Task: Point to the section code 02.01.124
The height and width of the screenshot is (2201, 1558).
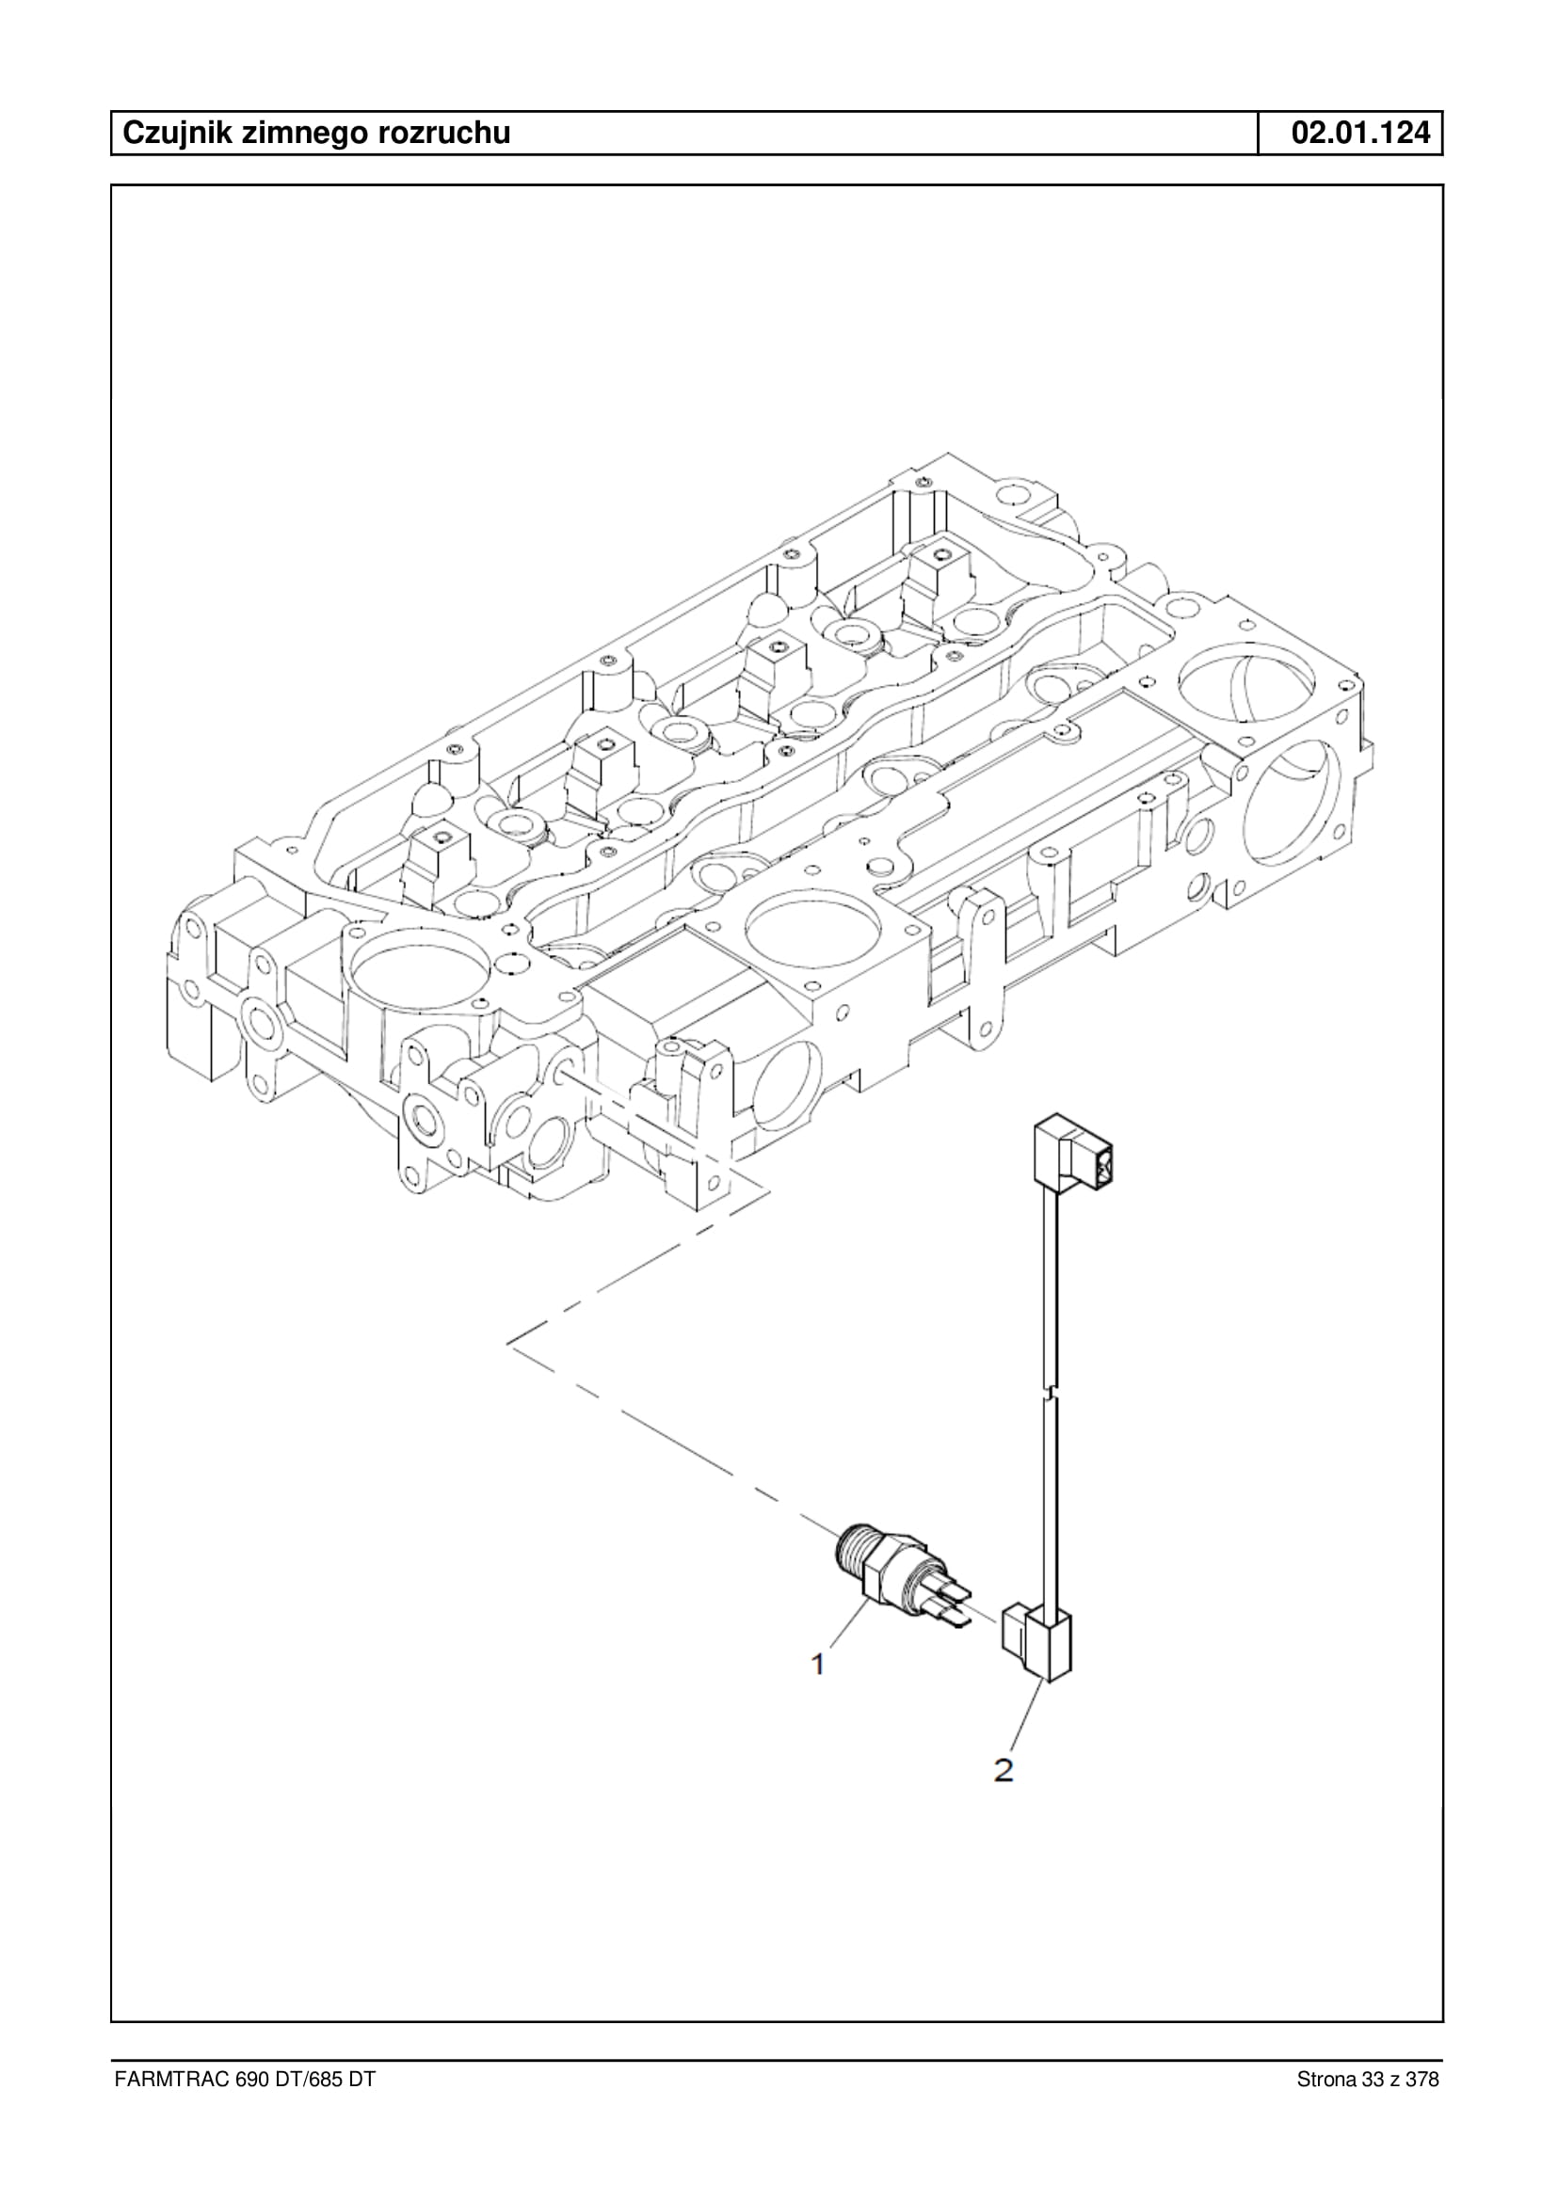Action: click(x=1360, y=133)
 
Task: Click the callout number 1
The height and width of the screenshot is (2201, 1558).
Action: click(x=817, y=1664)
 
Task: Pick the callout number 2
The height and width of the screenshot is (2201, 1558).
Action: click(x=1004, y=1769)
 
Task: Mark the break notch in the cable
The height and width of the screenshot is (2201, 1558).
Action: click(x=1053, y=1391)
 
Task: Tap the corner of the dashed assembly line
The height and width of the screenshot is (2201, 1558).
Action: click(x=507, y=1343)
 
